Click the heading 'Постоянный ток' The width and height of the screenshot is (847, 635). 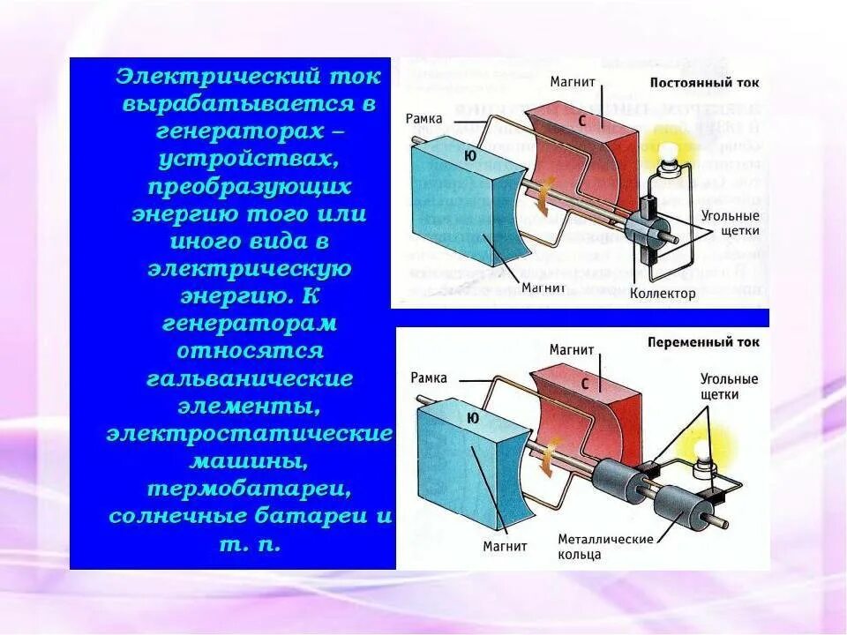point(703,82)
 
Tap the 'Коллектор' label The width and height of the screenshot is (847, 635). point(663,293)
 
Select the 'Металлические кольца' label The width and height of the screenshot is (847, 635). point(604,547)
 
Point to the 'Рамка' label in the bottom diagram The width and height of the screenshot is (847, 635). point(429,377)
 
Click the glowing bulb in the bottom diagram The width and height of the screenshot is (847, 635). point(703,451)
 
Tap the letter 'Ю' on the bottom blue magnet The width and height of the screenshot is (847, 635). point(473,419)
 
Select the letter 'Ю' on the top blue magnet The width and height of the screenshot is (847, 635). point(468,156)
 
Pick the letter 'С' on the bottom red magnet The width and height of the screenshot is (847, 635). point(584,384)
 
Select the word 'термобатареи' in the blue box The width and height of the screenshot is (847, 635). point(251,488)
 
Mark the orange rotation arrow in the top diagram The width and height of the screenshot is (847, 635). point(544,191)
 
